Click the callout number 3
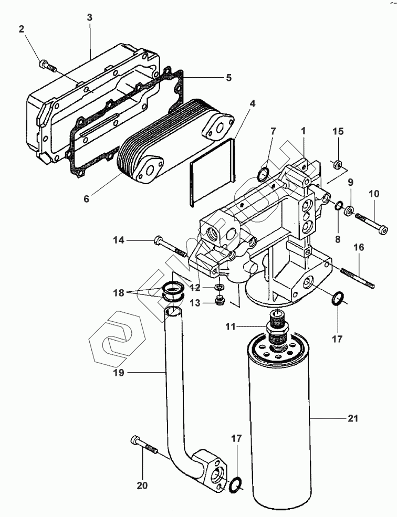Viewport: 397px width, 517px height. (x=89, y=18)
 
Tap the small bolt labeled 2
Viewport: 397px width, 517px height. (x=47, y=66)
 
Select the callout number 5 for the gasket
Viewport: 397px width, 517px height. (x=228, y=78)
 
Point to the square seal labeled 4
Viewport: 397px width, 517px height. (x=212, y=172)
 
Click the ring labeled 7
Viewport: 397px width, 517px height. (x=263, y=174)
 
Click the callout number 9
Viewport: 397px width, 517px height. (x=350, y=182)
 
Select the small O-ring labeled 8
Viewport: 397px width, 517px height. (x=338, y=206)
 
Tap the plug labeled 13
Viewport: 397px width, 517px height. (x=219, y=301)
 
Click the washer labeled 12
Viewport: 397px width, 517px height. (x=219, y=287)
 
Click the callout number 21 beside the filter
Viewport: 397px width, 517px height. (x=352, y=418)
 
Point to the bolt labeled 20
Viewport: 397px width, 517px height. (x=144, y=446)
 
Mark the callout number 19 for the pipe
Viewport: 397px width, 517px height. (x=119, y=373)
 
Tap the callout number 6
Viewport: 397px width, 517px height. (x=86, y=199)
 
